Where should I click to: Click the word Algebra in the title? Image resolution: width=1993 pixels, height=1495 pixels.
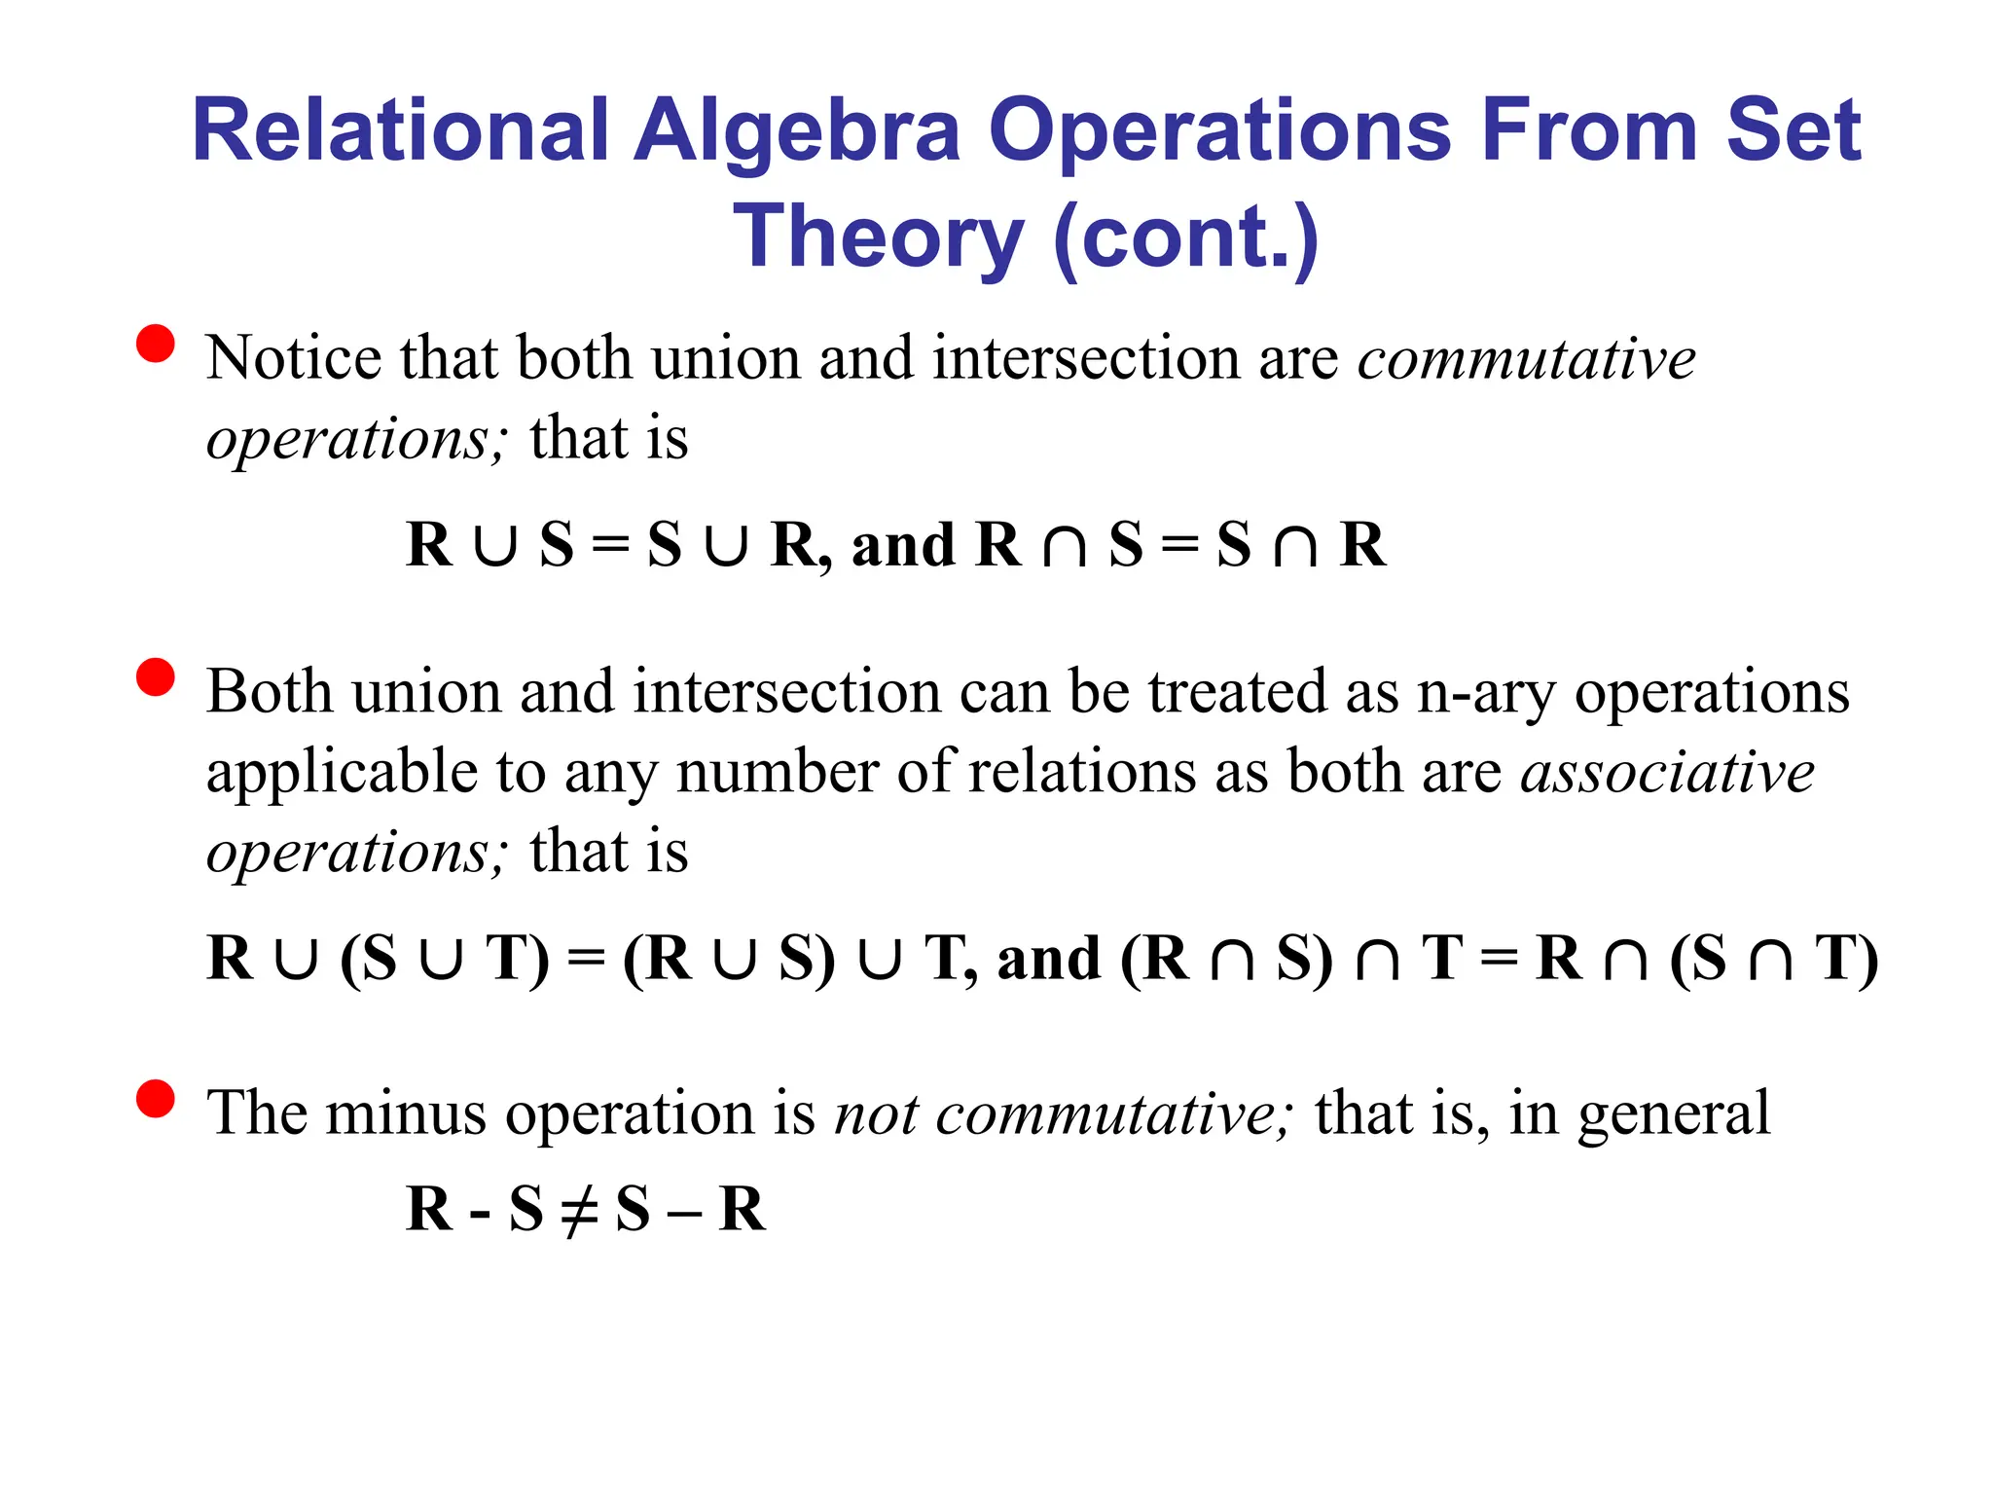[x=797, y=132]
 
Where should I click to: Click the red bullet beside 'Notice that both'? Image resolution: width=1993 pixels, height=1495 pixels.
[x=156, y=344]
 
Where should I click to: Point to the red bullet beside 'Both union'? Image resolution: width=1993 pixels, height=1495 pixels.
[x=156, y=677]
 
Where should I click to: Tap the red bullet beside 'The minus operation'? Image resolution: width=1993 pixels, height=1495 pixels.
[x=156, y=1099]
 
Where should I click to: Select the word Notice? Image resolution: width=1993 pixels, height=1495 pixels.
[x=294, y=357]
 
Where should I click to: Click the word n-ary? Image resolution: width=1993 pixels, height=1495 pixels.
[x=1486, y=693]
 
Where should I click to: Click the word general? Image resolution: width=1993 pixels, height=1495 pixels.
[x=1673, y=1114]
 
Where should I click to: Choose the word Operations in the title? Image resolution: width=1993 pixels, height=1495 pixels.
[x=1220, y=132]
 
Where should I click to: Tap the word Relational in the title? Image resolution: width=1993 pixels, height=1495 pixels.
[x=400, y=132]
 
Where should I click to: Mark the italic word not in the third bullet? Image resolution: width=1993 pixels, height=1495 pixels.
[x=876, y=1113]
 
